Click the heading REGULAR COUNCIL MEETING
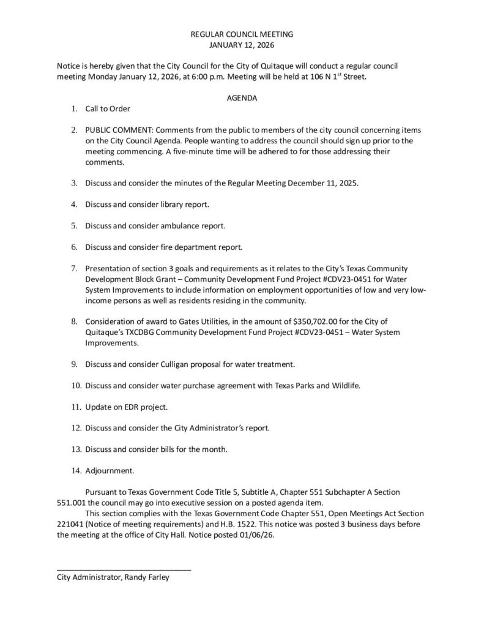[x=242, y=34]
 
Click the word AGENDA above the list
[x=242, y=98]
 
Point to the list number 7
[x=73, y=268]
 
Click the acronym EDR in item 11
[x=128, y=407]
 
